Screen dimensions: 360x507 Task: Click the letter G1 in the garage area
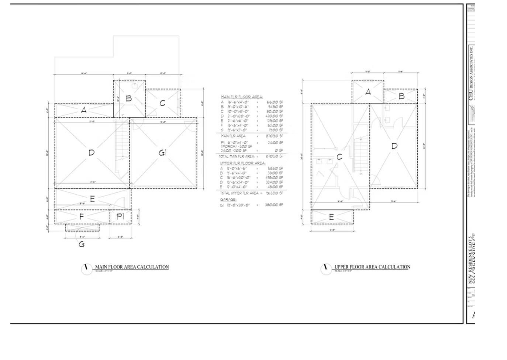(x=163, y=152)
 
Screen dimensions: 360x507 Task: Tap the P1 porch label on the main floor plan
(x=120, y=217)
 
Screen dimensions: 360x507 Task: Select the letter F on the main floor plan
(x=82, y=217)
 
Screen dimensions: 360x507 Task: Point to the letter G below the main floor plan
(x=82, y=244)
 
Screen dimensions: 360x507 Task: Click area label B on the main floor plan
(x=129, y=98)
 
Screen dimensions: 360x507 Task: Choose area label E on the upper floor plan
(x=331, y=217)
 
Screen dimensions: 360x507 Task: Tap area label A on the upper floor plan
(x=368, y=92)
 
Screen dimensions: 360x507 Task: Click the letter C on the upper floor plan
(x=339, y=157)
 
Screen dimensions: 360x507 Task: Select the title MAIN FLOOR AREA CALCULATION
(x=132, y=267)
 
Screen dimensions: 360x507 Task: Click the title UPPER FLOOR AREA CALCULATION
(x=372, y=267)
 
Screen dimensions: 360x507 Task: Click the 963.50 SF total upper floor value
(x=274, y=193)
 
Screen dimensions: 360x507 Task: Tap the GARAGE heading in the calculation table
(x=228, y=200)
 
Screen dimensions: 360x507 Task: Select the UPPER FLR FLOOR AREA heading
(x=242, y=163)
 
